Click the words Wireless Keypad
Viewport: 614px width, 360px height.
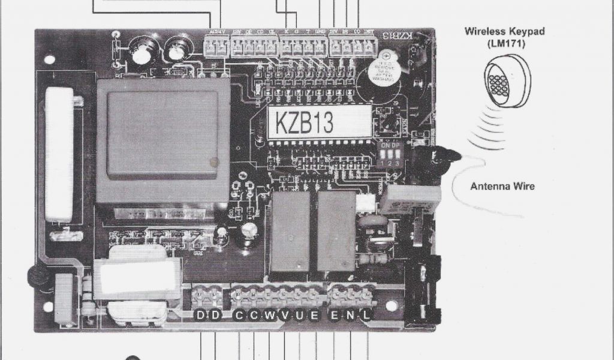pos(504,31)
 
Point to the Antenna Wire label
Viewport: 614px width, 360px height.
pos(502,187)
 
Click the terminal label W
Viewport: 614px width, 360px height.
pos(270,315)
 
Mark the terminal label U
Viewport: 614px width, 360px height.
pos(299,315)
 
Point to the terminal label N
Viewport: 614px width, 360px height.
pos(351,315)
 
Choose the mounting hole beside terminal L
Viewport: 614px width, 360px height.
pos(391,306)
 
